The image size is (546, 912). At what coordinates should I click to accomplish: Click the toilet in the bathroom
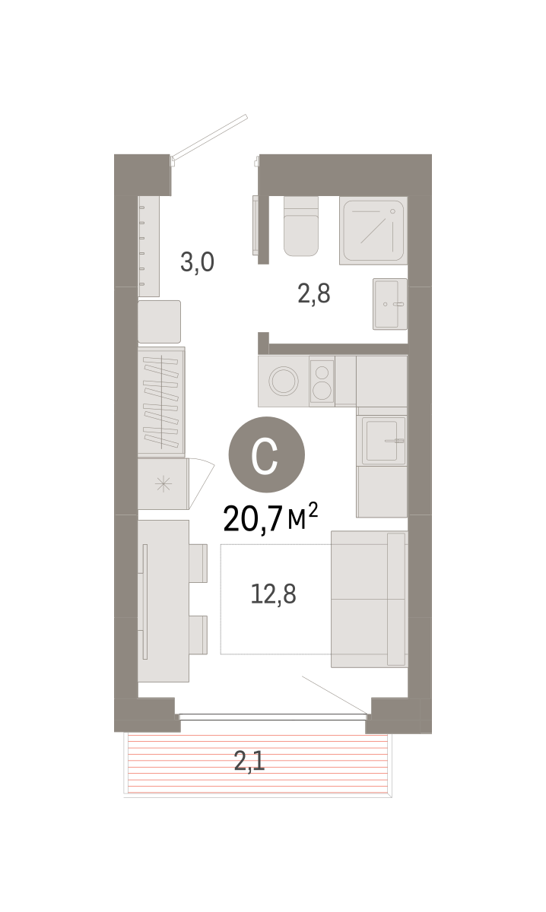(x=300, y=226)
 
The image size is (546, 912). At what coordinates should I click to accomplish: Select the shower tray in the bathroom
(x=373, y=230)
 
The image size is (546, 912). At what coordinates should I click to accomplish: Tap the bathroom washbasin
(x=390, y=304)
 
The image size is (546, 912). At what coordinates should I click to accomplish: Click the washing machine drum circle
(x=284, y=381)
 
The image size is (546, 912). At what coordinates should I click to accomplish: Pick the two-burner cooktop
(x=322, y=382)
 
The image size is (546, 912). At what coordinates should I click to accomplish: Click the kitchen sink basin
(x=382, y=441)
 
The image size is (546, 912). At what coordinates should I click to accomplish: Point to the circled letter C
(x=266, y=454)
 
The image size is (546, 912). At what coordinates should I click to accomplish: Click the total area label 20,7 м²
(x=271, y=518)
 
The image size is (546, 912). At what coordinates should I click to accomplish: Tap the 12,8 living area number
(x=274, y=594)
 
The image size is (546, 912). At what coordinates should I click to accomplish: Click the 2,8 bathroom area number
(x=314, y=293)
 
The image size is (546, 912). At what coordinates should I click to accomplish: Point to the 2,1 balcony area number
(x=249, y=761)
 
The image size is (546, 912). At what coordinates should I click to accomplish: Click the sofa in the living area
(x=369, y=599)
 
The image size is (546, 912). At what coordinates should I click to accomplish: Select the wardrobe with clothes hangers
(x=161, y=401)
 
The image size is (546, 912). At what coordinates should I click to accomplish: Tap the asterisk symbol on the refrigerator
(x=163, y=483)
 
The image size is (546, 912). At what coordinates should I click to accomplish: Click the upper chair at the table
(x=198, y=563)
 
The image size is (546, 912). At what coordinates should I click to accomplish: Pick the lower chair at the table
(x=198, y=635)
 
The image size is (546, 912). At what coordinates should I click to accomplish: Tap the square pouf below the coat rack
(x=160, y=321)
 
